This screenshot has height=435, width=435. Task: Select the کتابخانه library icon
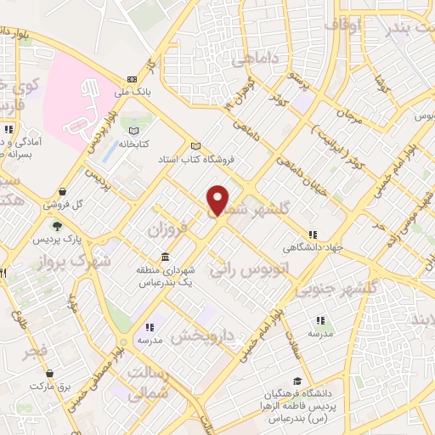click(x=132, y=131)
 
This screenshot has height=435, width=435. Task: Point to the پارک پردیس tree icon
click(x=56, y=226)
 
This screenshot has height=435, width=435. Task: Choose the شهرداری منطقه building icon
click(x=164, y=257)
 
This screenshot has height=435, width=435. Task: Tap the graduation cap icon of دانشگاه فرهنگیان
click(x=297, y=381)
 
